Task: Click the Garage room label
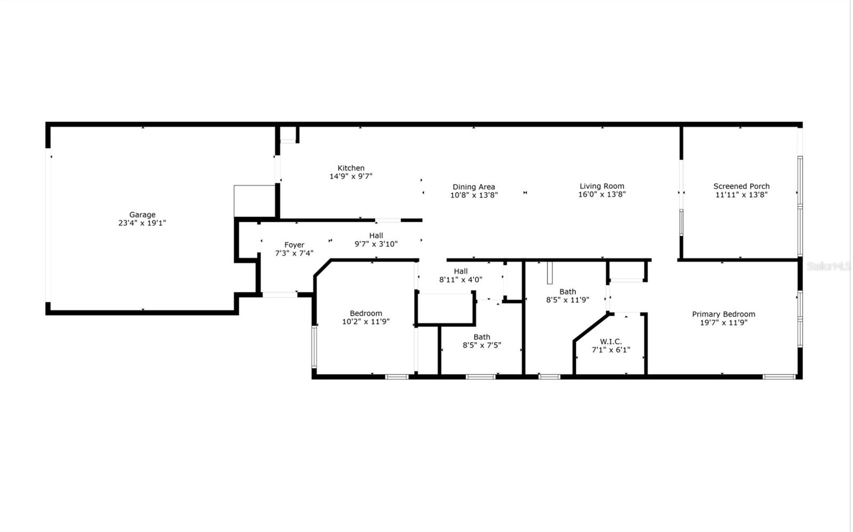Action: tap(142, 215)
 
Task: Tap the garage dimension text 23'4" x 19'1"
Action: tap(142, 223)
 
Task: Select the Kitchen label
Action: tap(351, 168)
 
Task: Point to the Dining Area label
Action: tap(473, 187)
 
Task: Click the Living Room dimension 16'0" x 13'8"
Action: tap(602, 195)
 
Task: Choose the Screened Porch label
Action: tap(741, 186)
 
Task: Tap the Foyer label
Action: tap(294, 245)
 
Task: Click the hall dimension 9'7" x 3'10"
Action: tap(376, 244)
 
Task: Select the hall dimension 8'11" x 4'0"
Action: tap(461, 279)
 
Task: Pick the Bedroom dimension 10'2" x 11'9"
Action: tap(366, 321)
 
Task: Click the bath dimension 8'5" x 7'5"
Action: tap(481, 345)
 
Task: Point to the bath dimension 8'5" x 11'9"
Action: tap(567, 300)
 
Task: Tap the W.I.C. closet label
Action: tap(610, 342)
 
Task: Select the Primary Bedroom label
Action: tap(723, 314)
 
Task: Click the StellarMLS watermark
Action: tap(828, 266)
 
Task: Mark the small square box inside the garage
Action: tap(254, 201)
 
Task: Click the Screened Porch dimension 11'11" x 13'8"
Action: tap(741, 195)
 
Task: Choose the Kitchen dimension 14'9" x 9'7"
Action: tap(351, 176)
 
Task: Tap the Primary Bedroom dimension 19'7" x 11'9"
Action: tap(723, 323)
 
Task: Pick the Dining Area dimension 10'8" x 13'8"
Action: tap(473, 195)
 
